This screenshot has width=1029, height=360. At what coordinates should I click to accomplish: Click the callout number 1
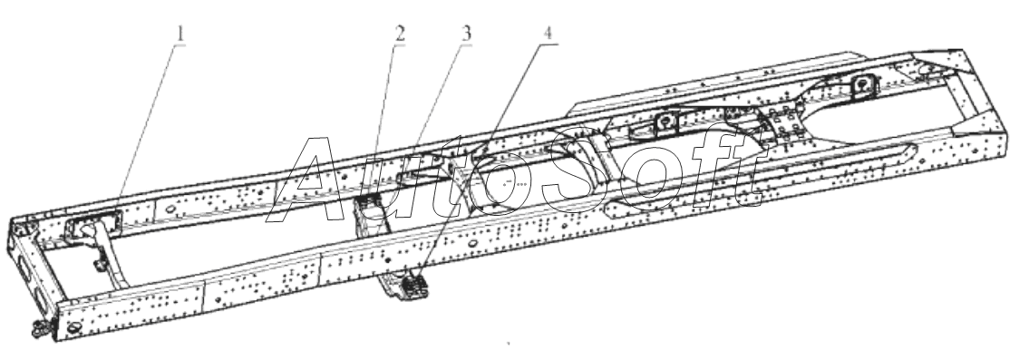click(180, 34)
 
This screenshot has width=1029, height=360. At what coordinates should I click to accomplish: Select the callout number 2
click(399, 34)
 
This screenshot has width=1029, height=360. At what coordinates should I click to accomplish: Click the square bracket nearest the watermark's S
click(665, 123)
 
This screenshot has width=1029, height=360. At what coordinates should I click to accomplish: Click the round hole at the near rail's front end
click(73, 326)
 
